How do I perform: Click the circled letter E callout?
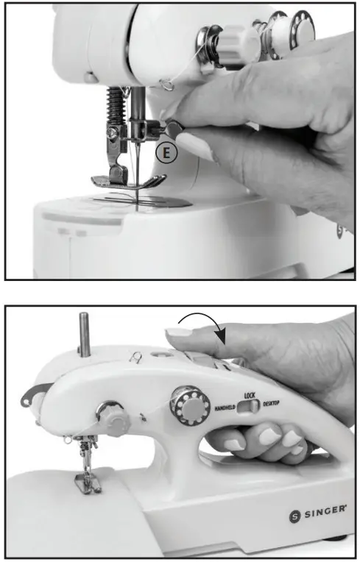pos(166,153)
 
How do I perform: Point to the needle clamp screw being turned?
pos(173,128)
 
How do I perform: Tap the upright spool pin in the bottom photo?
pos(84,335)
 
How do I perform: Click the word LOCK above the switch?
pos(250,395)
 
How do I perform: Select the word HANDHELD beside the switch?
pos(225,408)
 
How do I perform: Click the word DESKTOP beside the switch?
pos(271,404)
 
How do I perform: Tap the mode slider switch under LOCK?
pos(249,406)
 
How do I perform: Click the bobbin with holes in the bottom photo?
pos(190,407)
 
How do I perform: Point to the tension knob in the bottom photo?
pos(113,419)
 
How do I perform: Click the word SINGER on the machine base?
pos(325,511)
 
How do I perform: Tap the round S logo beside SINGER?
pos(294,516)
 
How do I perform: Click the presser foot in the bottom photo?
pos(88,483)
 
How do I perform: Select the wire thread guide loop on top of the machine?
pos(136,356)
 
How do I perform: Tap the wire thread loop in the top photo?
pos(166,85)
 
